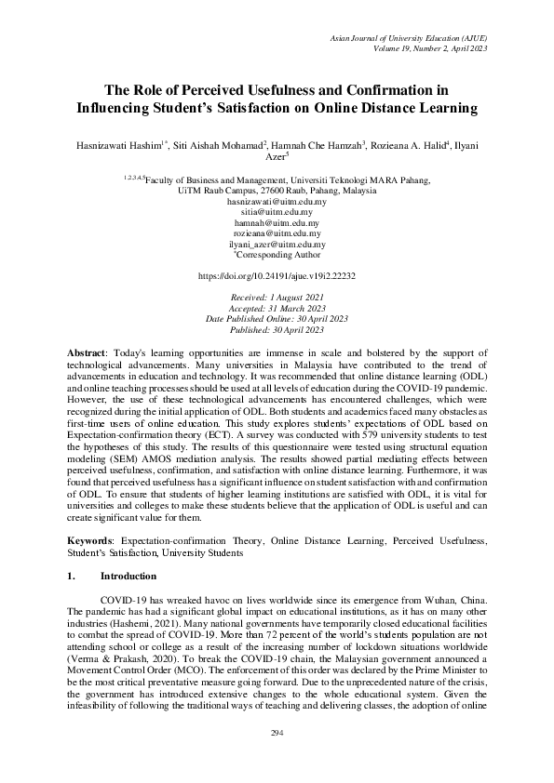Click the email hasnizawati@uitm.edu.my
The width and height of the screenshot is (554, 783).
[x=277, y=201]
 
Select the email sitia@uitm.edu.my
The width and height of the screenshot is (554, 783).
[x=277, y=212]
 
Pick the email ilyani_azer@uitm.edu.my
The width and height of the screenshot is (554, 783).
[x=277, y=245]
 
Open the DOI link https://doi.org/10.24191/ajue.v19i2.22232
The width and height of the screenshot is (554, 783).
[x=277, y=277]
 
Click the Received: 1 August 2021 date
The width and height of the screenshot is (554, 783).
[x=277, y=299]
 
